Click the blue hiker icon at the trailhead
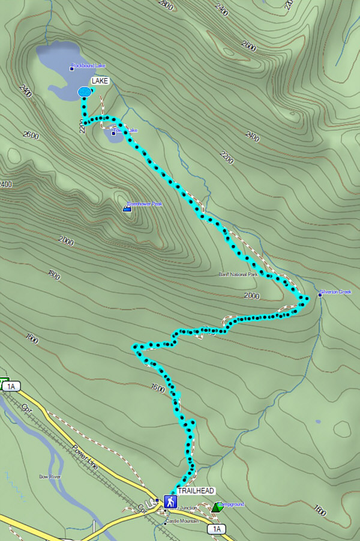(170, 501)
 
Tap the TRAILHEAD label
(196, 491)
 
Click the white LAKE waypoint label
(100, 80)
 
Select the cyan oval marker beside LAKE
(85, 92)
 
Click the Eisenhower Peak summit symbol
(127, 208)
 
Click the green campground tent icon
(217, 507)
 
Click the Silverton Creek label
(337, 292)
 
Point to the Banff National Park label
(238, 274)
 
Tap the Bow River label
(51, 476)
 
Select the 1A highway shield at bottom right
(217, 529)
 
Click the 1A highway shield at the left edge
(10, 387)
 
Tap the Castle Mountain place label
(182, 521)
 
